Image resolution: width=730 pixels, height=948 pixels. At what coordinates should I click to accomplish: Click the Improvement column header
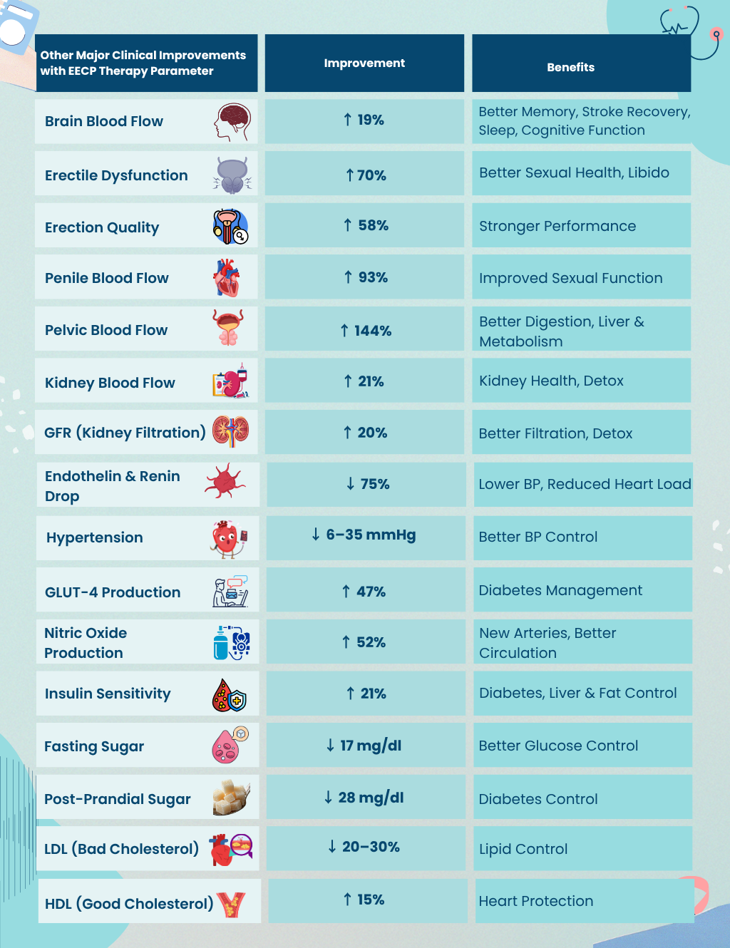[364, 63]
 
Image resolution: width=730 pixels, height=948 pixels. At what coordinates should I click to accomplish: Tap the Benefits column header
[570, 68]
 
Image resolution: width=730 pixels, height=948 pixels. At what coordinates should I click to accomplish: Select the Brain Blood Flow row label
[104, 121]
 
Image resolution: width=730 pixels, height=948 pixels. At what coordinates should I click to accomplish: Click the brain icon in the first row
[232, 122]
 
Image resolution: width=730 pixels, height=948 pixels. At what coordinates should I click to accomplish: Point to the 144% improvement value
[366, 331]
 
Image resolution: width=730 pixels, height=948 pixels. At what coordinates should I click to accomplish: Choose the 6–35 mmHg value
[364, 535]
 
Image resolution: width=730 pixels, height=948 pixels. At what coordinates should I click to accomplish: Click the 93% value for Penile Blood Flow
[366, 277]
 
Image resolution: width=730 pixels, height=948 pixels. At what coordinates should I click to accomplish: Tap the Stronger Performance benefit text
[557, 226]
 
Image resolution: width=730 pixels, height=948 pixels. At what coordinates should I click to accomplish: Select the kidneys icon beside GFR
[231, 431]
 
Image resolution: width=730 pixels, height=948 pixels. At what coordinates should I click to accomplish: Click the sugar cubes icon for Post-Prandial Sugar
[231, 796]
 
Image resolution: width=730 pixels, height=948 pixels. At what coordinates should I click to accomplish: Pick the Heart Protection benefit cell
[536, 901]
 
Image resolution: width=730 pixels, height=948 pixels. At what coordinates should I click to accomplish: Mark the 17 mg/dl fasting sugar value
[364, 746]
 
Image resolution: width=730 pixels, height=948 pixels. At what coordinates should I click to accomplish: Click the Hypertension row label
[95, 537]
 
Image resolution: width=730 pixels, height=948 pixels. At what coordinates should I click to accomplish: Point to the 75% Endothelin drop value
[368, 484]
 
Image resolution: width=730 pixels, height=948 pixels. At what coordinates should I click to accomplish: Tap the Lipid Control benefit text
[523, 849]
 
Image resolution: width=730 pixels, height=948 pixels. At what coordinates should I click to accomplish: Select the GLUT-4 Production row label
[113, 592]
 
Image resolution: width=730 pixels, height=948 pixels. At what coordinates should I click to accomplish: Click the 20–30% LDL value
[364, 847]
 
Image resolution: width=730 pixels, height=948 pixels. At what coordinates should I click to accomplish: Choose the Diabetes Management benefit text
[560, 590]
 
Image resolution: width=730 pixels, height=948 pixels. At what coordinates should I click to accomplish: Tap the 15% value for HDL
[364, 900]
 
